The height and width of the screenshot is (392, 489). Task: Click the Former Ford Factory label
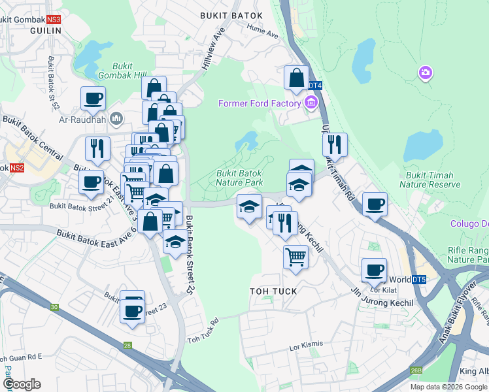tap(260, 103)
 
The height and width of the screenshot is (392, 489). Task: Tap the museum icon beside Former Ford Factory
tap(310, 103)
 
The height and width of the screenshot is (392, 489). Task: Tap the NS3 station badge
tap(53, 20)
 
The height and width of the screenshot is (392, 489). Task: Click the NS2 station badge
tap(17, 168)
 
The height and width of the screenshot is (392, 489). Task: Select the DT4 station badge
tap(314, 86)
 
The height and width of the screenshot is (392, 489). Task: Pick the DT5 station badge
tap(418, 280)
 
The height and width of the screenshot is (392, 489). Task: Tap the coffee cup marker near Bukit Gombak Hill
tap(93, 99)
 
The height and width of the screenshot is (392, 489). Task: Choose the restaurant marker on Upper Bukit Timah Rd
tap(335, 144)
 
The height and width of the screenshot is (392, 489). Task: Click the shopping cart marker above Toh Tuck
tap(295, 257)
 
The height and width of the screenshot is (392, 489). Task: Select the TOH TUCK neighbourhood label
tap(273, 291)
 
